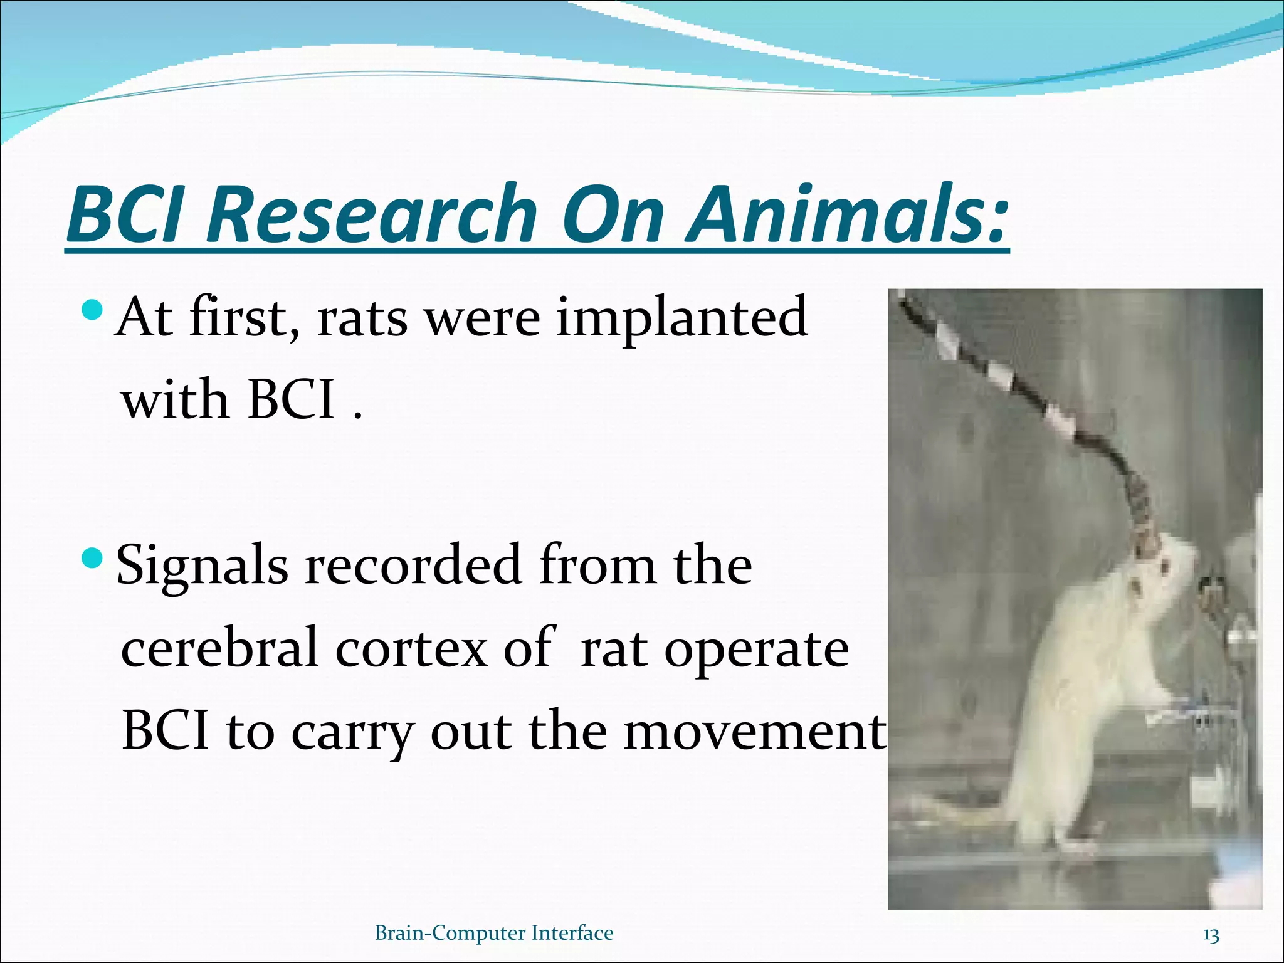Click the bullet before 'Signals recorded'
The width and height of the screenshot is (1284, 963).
[x=92, y=556]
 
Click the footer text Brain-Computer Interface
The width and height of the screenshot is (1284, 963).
[x=494, y=933]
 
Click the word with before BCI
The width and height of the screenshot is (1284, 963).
[x=175, y=401]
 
